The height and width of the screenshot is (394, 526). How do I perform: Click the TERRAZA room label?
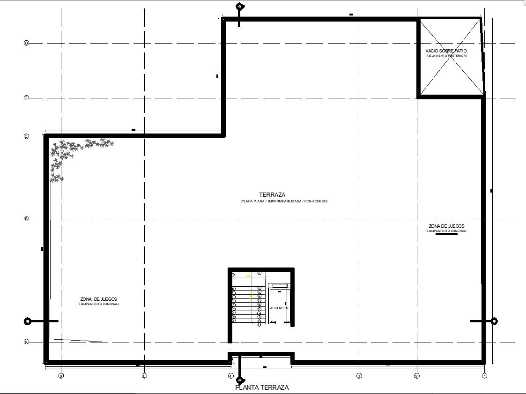pos(272,194)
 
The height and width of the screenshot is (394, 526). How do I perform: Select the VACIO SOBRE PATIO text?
pos(446,51)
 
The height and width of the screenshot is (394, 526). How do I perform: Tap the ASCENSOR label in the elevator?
pos(279,308)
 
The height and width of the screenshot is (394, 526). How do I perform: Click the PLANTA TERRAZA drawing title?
pos(262,387)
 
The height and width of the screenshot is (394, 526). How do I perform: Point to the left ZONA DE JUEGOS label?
pos(98,299)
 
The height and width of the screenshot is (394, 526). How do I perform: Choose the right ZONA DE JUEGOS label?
pos(446,226)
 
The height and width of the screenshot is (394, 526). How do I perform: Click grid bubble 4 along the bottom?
pos(230,376)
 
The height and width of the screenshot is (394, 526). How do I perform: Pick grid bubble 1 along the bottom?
pos(485,376)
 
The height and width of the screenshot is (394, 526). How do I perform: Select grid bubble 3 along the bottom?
pos(359,376)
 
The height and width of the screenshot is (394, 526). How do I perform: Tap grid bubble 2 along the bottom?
pos(416,376)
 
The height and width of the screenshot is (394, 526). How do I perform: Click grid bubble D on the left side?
pos(27,43)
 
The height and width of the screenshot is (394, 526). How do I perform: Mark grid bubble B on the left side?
pos(27,219)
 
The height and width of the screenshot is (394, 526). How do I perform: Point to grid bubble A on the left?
pos(27,342)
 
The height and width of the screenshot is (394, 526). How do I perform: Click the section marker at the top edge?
pos(239,7)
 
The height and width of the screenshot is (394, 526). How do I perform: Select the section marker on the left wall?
pos(28,321)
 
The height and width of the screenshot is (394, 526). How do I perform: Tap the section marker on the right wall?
pos(494,321)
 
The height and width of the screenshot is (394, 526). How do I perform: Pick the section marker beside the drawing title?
pos(240,380)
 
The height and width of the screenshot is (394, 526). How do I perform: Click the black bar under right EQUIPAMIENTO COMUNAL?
pos(446,234)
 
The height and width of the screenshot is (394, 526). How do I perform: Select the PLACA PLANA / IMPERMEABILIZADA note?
pos(284,201)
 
